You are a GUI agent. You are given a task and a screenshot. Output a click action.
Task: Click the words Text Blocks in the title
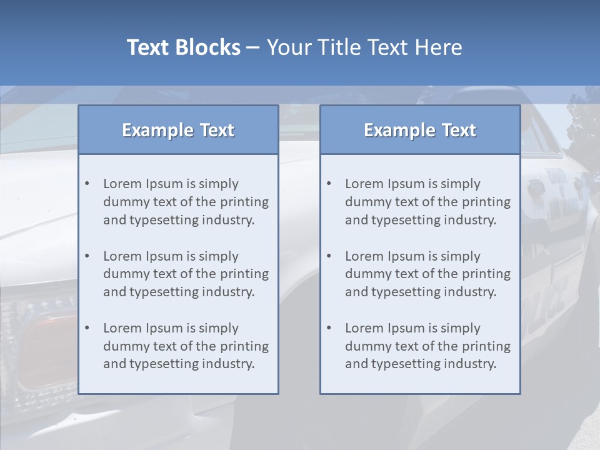click(x=183, y=47)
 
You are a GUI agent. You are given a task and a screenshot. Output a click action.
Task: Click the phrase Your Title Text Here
click(x=364, y=47)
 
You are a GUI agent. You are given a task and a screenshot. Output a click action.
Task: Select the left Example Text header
click(x=178, y=130)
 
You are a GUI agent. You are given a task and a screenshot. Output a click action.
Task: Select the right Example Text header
click(x=420, y=130)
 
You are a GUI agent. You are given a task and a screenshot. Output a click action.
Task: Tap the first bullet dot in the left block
click(x=87, y=184)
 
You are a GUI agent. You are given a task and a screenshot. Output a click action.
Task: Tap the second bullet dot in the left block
click(x=87, y=256)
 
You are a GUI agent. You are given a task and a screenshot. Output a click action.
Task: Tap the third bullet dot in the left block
click(x=87, y=328)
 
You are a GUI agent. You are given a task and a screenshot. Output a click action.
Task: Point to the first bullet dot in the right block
click(x=329, y=184)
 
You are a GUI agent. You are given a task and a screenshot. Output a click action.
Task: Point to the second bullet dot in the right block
click(x=329, y=256)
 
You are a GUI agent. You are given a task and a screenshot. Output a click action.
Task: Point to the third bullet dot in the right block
click(x=329, y=328)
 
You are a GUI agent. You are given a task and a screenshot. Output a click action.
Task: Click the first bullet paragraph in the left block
click(x=186, y=202)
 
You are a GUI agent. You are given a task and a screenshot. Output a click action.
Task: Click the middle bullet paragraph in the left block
click(x=186, y=274)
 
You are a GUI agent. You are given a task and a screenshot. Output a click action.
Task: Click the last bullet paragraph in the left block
click(x=186, y=346)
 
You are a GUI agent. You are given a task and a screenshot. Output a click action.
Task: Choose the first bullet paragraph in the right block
click(x=427, y=202)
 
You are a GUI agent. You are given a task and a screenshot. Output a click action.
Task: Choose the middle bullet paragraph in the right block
click(x=427, y=274)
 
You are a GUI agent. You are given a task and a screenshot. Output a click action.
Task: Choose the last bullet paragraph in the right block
click(x=427, y=346)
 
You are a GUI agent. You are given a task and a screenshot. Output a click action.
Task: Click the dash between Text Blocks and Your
click(x=253, y=48)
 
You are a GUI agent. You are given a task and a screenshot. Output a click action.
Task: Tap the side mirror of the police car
click(x=536, y=187)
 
